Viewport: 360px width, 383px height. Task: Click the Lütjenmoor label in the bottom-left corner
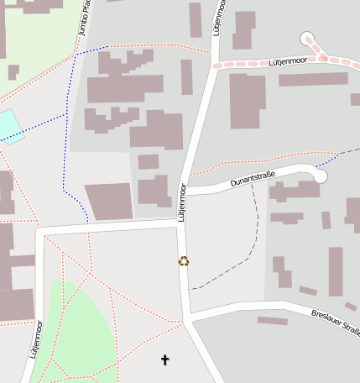[36, 338]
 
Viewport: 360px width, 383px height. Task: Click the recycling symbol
[184, 260]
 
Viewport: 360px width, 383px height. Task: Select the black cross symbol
[164, 360]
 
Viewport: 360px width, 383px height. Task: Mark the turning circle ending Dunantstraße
[320, 176]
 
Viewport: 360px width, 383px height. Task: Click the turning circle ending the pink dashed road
[307, 39]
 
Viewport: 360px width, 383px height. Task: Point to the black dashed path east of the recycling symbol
[243, 252]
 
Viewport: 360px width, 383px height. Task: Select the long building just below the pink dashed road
[312, 79]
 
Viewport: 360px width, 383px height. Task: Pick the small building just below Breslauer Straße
[272, 321]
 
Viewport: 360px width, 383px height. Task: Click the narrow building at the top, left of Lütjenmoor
[195, 20]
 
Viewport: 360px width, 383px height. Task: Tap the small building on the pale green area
[13, 72]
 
